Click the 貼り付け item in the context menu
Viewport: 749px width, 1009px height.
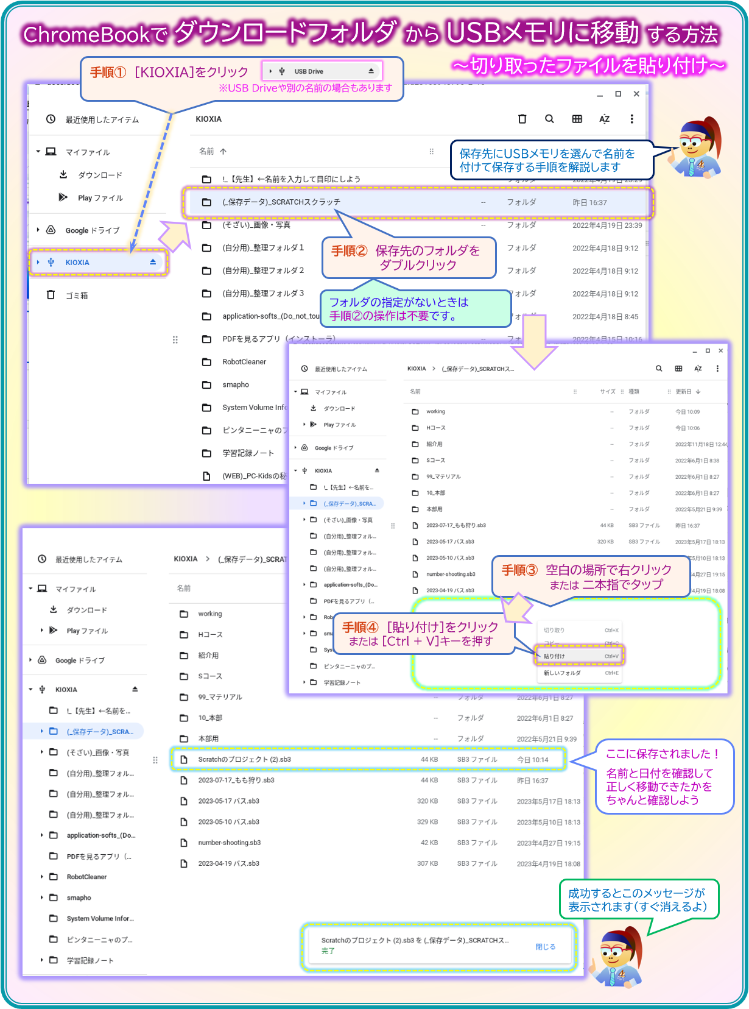pos(554,656)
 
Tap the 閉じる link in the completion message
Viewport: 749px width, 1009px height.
pos(545,947)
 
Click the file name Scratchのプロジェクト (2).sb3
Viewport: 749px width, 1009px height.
pos(244,760)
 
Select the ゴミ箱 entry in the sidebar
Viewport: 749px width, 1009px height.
pos(77,296)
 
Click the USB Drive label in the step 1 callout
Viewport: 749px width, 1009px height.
pos(309,72)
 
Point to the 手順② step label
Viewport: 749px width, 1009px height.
pos(350,251)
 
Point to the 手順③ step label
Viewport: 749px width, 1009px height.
pos(519,570)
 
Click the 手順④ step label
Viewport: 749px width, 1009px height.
pos(360,628)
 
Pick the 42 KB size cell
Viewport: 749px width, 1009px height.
pos(429,843)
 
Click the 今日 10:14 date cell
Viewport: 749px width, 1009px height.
pos(532,760)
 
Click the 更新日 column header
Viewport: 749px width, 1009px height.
pos(683,392)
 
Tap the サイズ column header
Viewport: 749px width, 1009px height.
pos(607,392)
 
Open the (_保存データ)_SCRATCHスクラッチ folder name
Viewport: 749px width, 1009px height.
pos(281,202)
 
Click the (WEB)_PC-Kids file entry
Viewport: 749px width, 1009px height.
pos(253,476)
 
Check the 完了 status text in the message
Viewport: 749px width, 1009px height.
pos(328,951)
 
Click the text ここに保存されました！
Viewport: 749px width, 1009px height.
pos(663,754)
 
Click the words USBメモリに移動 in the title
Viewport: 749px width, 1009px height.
pos(542,33)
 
